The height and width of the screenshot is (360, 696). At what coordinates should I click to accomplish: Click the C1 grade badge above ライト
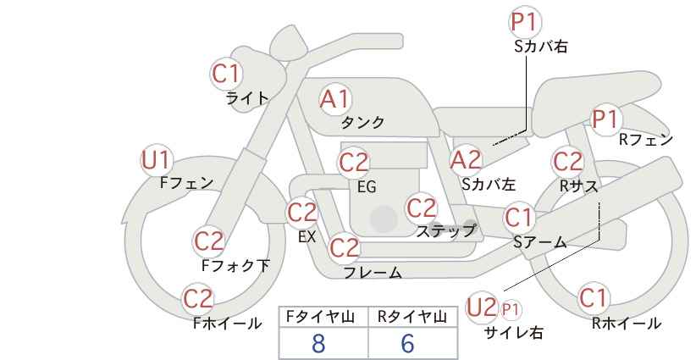[x=226, y=74]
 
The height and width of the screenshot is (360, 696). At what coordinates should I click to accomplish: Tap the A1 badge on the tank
[x=335, y=99]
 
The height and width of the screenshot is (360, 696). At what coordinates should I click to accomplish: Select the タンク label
[x=362, y=122]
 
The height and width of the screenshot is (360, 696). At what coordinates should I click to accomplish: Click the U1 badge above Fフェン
[x=157, y=160]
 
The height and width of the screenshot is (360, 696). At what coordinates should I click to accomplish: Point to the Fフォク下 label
[x=235, y=265]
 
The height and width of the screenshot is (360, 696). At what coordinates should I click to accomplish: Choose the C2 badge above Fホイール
[x=198, y=299]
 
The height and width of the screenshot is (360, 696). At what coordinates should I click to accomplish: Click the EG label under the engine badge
[x=367, y=187]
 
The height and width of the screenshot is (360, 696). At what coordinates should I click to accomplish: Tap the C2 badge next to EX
[x=302, y=213]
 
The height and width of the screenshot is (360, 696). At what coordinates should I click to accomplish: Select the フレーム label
[x=373, y=273]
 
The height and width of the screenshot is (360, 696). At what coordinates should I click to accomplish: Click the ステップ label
[x=445, y=231]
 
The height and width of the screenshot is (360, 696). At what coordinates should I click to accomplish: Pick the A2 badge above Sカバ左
[x=466, y=160]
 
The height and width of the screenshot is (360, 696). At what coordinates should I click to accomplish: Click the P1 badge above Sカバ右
[x=525, y=22]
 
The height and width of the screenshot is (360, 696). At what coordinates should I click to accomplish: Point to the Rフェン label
[x=646, y=140]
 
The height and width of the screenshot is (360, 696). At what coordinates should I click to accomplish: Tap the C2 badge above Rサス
[x=567, y=162]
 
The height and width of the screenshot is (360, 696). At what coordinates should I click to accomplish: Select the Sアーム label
[x=540, y=242]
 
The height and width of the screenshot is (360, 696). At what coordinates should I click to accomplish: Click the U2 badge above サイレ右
[x=482, y=307]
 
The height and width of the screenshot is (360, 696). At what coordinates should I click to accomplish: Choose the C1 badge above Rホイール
[x=593, y=298]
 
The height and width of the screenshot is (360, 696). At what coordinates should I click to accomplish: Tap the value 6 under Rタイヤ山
[x=407, y=344]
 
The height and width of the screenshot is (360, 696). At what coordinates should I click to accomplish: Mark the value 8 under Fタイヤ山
[x=318, y=344]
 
